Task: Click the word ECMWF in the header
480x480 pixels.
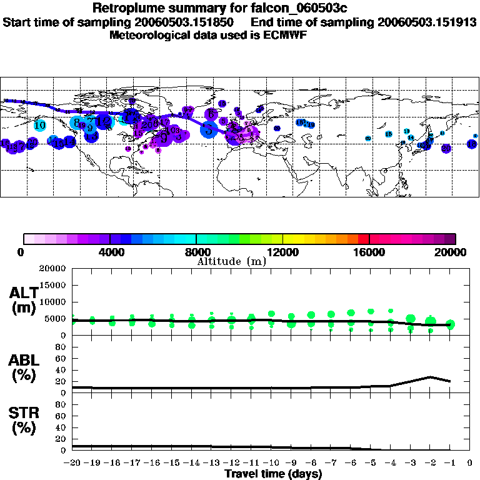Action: pos(287,34)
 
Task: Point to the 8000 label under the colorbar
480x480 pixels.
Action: pos(196,252)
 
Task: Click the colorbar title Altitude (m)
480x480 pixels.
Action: pos(231,261)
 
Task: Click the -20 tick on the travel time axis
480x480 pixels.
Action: pos(72,462)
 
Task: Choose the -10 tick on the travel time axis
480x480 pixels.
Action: pos(271,462)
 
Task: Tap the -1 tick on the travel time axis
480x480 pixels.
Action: pos(449,462)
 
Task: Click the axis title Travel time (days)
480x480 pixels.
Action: pos(273,474)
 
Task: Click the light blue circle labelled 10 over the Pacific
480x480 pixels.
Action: pos(40,125)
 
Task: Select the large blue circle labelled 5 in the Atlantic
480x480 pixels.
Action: pos(209,129)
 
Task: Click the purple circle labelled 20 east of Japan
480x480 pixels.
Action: pos(446,149)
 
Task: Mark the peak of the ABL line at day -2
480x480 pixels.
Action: pos(430,377)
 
